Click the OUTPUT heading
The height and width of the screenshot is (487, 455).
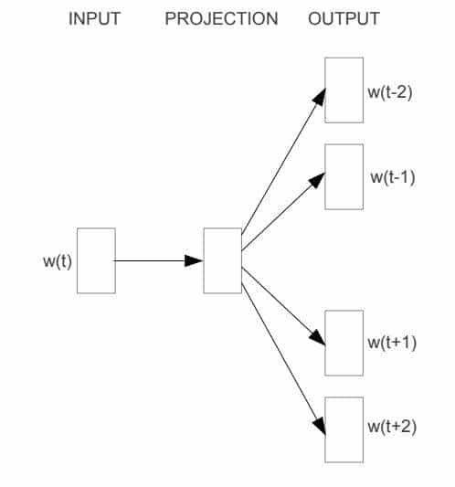(x=344, y=19)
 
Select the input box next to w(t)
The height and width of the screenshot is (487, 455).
(x=96, y=260)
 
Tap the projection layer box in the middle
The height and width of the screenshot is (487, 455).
(x=222, y=260)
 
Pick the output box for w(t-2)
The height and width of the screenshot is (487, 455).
(x=344, y=90)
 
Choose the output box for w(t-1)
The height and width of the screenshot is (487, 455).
(x=344, y=175)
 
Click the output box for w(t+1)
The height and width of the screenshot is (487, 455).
(x=344, y=343)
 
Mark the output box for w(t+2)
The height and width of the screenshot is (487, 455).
(x=344, y=429)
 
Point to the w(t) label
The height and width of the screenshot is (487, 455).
(x=58, y=261)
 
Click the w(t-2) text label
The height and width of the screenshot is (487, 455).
(x=390, y=92)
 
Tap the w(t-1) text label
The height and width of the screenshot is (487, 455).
(x=393, y=176)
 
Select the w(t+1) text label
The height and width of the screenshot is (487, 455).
(x=392, y=343)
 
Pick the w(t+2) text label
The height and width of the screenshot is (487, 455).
(x=392, y=427)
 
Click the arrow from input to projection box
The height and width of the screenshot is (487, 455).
(x=155, y=260)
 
